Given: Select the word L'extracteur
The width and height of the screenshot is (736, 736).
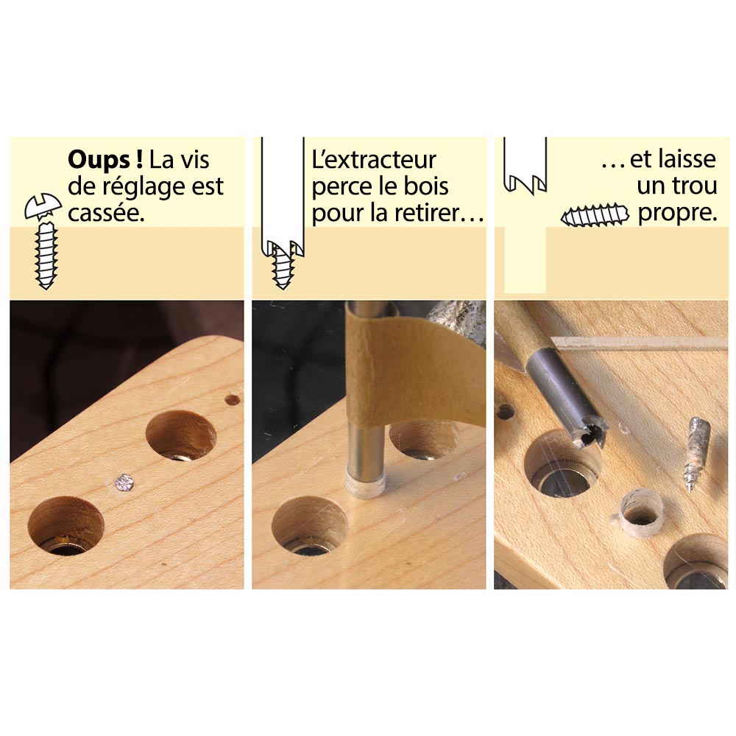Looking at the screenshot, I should click(x=374, y=160).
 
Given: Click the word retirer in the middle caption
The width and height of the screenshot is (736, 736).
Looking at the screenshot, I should click(x=438, y=214).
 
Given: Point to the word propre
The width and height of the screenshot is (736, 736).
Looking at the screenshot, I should click(x=676, y=214).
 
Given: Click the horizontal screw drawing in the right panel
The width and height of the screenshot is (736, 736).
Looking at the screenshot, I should click(x=595, y=216).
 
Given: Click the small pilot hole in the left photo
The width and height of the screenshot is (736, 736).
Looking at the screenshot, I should click(x=233, y=399).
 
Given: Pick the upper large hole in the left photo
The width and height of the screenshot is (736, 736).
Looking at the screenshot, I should click(x=181, y=436).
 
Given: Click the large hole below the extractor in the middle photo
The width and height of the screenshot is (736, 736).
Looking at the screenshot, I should click(x=309, y=527).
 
